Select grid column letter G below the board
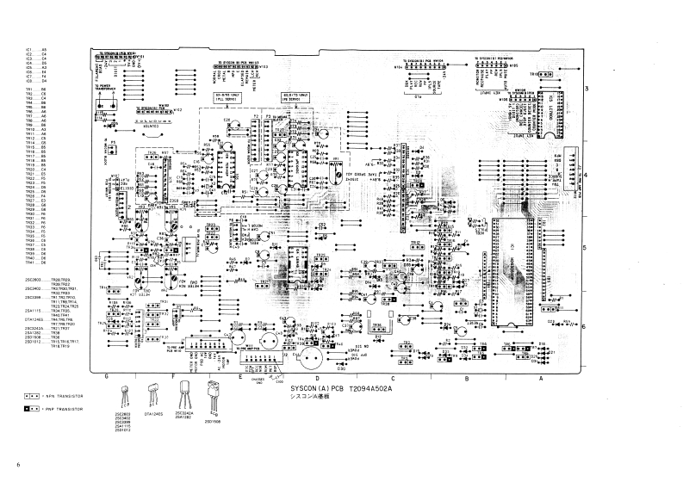[106, 377]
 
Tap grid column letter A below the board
[540, 377]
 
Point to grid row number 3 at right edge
[586, 90]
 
